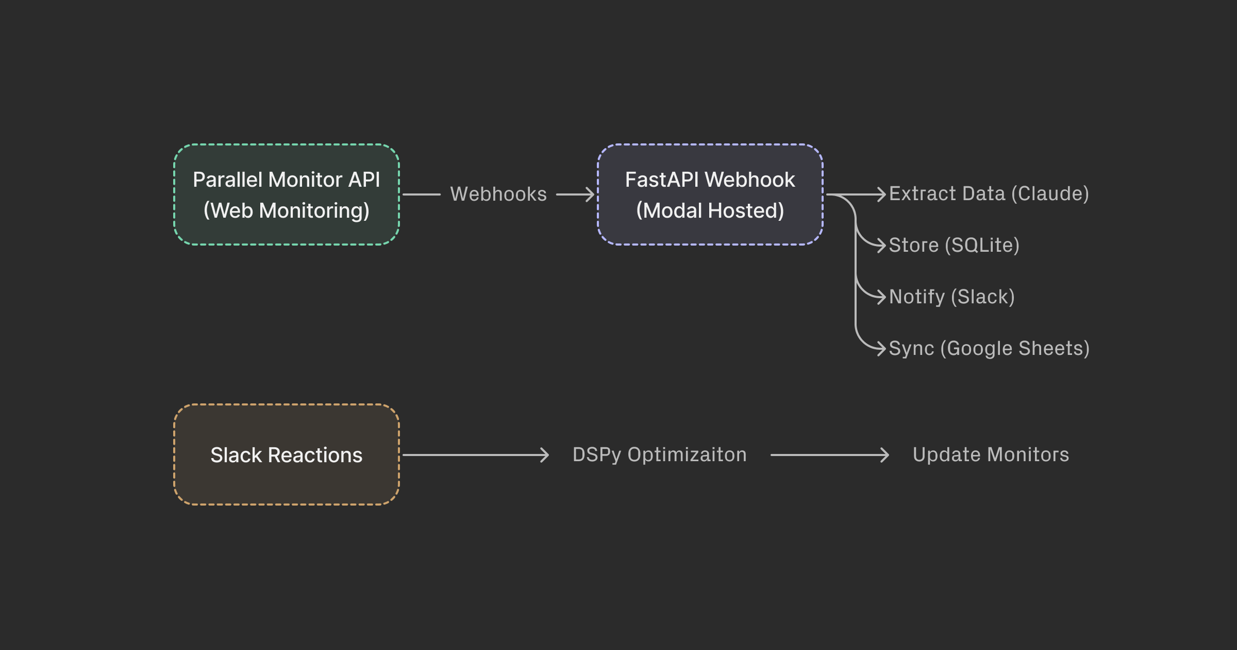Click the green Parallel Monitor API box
286,194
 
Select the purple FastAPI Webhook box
710,194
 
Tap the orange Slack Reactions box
286,454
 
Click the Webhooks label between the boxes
498,194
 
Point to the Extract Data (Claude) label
989,194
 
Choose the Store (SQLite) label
954,246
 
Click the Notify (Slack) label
951,297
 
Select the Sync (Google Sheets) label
989,349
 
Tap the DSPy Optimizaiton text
659,454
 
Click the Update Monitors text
990,454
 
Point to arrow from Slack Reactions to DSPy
474,455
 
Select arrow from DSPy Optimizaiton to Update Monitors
829,455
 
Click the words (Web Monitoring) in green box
286,210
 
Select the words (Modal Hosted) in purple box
710,210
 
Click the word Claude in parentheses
1050,194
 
